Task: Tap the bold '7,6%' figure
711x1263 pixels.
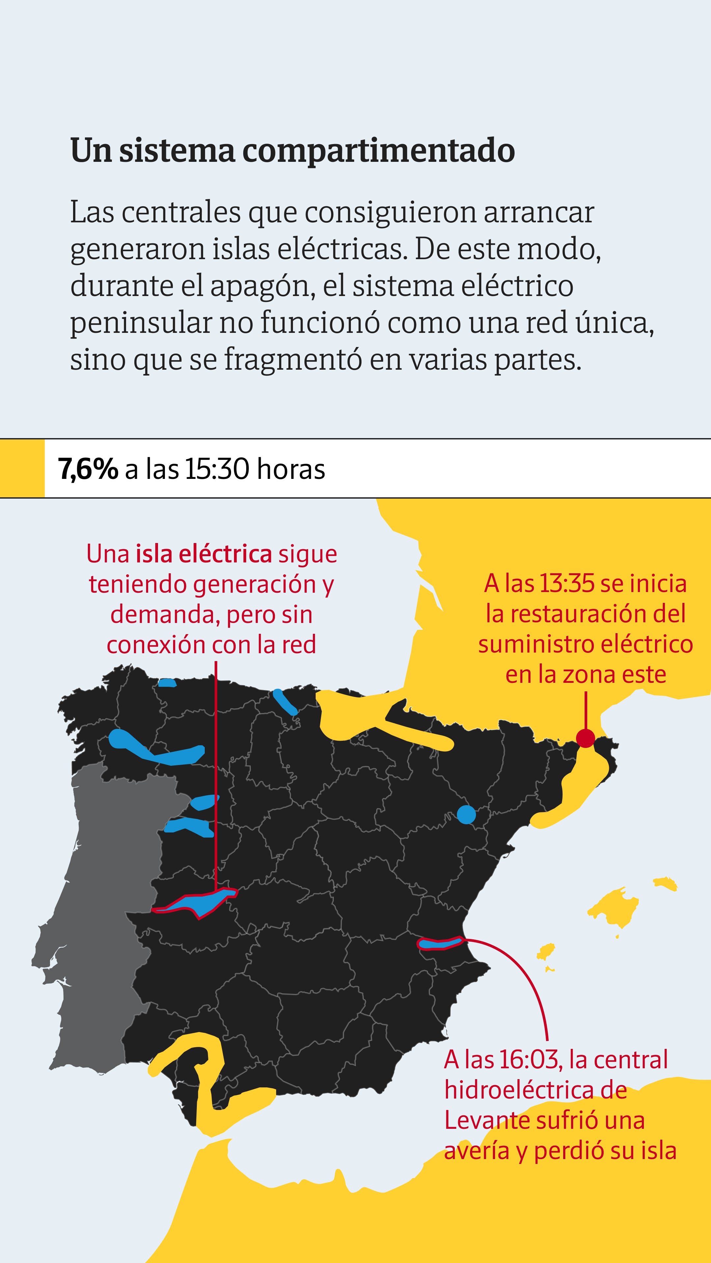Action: (88, 469)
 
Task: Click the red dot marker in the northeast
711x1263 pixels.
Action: (585, 738)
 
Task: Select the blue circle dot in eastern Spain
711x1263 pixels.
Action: (466, 814)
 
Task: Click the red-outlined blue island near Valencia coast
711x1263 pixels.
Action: (440, 943)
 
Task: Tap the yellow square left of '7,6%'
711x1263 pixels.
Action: (22, 468)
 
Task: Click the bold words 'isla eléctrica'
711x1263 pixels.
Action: (204, 554)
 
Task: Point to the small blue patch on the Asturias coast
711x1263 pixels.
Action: (167, 682)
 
